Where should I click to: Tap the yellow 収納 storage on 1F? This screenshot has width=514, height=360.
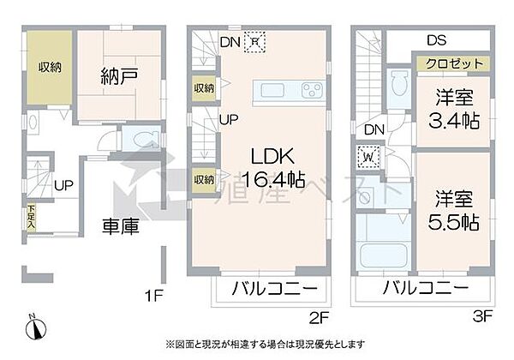click(47, 68)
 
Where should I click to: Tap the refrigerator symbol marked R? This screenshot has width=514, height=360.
click(255, 39)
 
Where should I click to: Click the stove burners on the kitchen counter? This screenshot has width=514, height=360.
click(312, 91)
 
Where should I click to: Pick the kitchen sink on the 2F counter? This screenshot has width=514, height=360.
click(274, 91)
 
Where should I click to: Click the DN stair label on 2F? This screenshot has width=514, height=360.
click(229, 39)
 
